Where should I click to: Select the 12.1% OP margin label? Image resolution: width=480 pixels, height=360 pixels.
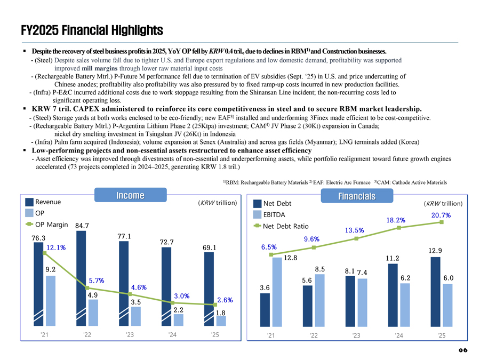[x=56, y=247]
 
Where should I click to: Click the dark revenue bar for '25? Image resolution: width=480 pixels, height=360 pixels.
[x=209, y=289]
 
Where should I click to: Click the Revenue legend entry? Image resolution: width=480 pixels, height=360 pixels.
[x=47, y=202]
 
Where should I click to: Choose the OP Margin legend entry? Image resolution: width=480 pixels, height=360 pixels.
[x=51, y=224]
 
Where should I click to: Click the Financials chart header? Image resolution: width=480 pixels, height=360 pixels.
[x=356, y=196]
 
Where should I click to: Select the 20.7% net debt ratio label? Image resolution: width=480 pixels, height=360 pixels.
[x=441, y=215]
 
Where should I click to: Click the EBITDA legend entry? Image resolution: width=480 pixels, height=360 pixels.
[x=274, y=214]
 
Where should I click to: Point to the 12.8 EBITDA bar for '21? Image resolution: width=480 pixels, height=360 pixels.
[x=277, y=291]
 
